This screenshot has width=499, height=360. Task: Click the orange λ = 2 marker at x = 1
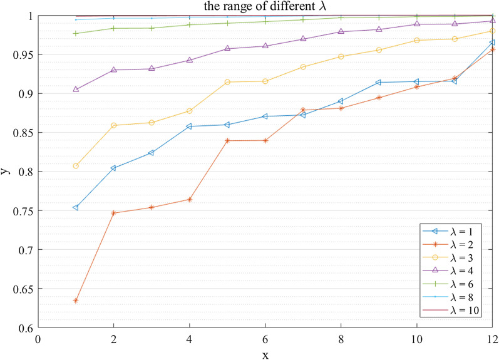coord(76,301)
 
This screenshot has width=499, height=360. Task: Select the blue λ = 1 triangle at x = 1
coord(76,207)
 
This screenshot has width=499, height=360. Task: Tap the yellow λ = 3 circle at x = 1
coord(76,166)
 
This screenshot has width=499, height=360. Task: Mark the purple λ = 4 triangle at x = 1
coord(76,90)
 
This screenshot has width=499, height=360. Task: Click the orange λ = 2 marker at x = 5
coord(227,141)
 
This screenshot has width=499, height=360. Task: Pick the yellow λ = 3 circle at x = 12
coord(493,31)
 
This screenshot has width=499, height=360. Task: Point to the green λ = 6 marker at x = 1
coord(76,33)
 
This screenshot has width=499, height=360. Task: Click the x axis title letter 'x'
coord(265,352)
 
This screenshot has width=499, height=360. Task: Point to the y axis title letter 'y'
coord(6,171)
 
